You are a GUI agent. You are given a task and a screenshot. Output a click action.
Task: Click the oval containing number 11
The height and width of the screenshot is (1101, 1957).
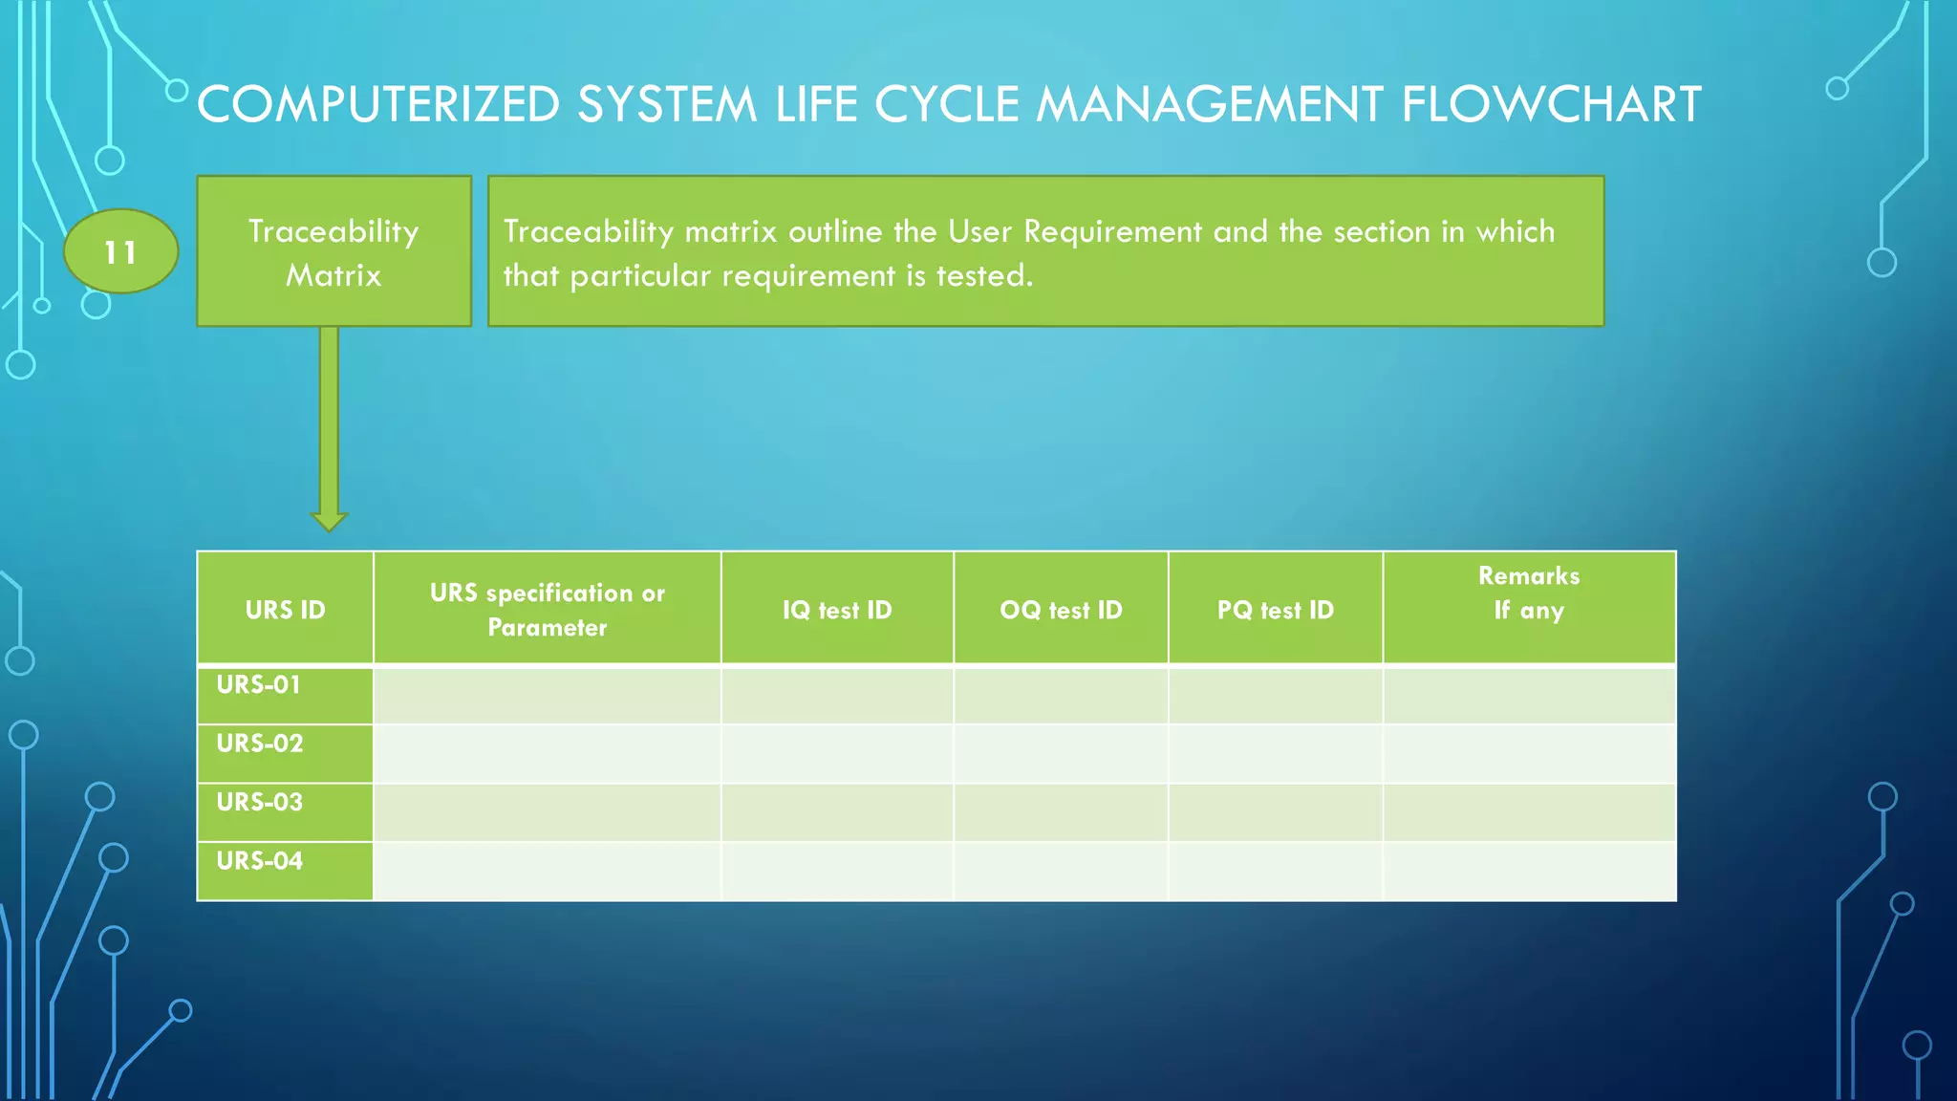tap(120, 251)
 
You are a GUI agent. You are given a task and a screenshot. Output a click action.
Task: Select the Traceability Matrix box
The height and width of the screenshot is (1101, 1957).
tap(333, 251)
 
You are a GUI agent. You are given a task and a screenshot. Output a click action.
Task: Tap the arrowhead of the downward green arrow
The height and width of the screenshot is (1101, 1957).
tap(329, 519)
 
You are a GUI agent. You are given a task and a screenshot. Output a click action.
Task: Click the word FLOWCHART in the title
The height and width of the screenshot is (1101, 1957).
tap(1551, 104)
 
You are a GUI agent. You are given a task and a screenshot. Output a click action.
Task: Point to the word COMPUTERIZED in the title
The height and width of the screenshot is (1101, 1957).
tap(378, 104)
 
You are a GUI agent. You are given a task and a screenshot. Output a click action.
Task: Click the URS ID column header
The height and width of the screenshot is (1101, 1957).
tap(285, 609)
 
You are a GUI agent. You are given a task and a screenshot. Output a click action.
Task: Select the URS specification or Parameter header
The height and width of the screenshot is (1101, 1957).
tap(547, 609)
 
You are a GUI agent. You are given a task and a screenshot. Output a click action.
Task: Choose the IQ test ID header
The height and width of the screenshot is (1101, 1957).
tap(837, 609)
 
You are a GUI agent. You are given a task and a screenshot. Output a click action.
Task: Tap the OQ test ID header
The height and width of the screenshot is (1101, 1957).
tap(1061, 609)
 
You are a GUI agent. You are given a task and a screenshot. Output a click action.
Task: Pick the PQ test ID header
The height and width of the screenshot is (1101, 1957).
tap(1275, 609)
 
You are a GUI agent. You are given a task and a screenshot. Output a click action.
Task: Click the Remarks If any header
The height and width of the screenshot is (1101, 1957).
tap(1529, 593)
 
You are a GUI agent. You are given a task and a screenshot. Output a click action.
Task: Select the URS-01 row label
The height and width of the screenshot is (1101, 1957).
tap(259, 685)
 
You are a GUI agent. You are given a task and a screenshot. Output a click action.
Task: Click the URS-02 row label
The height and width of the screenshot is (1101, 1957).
tap(260, 744)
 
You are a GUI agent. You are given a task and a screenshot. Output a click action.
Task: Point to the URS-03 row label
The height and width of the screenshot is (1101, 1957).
tap(260, 802)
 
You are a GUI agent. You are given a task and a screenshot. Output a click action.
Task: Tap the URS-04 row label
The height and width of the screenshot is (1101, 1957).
tap(260, 861)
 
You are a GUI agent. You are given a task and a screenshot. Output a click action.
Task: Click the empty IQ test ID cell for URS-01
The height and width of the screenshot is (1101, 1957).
tap(837, 695)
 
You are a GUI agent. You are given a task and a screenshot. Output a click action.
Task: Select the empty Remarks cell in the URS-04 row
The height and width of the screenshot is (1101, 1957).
tap(1529, 871)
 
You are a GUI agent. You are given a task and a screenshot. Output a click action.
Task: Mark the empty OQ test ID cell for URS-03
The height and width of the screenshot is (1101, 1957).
tap(1061, 812)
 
